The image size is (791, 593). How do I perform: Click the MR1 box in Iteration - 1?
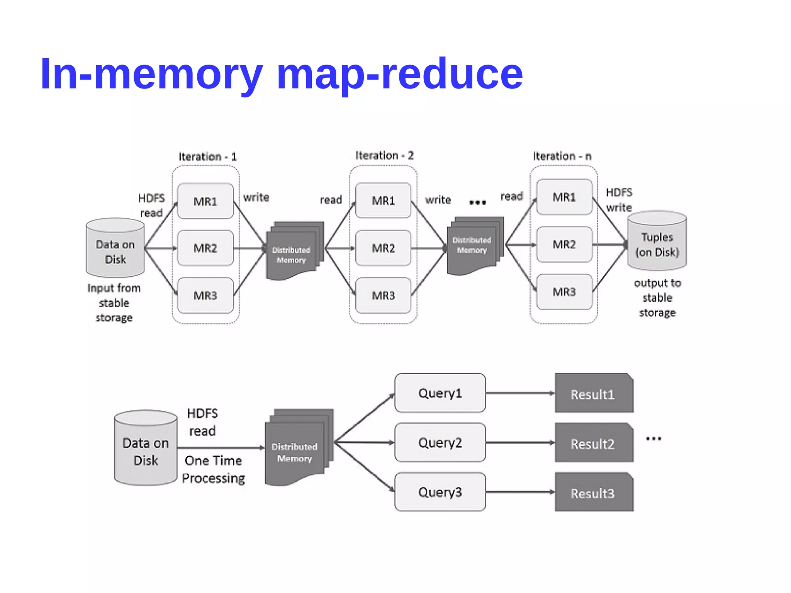click(205, 201)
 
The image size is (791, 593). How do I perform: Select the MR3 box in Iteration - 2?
click(383, 296)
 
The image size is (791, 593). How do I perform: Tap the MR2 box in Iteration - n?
click(564, 245)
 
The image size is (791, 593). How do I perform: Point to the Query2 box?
click(440, 442)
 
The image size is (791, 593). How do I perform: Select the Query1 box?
click(440, 393)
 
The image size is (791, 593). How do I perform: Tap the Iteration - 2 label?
click(384, 155)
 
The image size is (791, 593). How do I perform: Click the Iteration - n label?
click(562, 156)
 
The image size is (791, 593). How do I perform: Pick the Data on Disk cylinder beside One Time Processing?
click(146, 448)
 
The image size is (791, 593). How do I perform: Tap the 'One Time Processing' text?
click(213, 469)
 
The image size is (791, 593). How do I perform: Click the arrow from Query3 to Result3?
click(520, 492)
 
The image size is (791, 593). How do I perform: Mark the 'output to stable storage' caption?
click(657, 297)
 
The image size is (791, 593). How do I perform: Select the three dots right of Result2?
click(653, 439)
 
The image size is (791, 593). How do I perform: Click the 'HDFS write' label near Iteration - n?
click(619, 200)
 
